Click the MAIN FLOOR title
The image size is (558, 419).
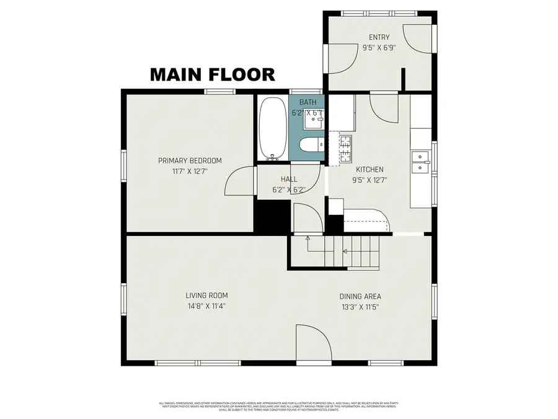point(213,74)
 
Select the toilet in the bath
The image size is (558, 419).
point(309,145)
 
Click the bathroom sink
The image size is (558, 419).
point(313,122)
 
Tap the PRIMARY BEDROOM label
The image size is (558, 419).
point(190,161)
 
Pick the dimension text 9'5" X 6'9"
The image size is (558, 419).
point(379,47)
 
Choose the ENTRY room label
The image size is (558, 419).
point(379,37)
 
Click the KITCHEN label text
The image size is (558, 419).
point(370,169)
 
